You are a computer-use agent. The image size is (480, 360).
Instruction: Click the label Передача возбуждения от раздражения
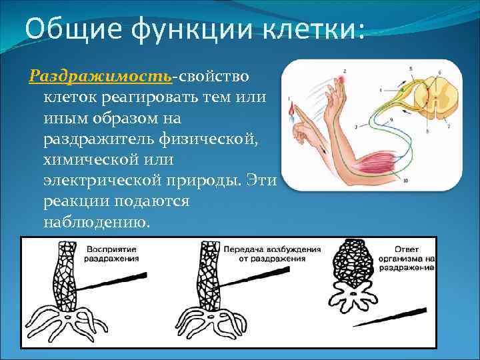click(272, 253)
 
